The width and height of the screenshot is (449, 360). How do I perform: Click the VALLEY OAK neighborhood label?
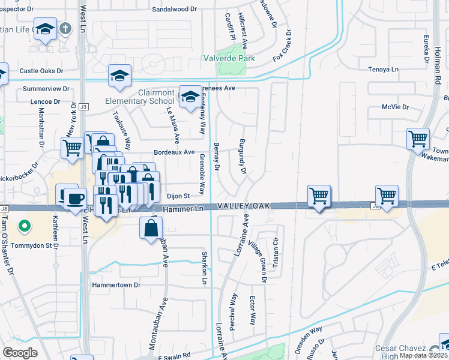click(x=243, y=206)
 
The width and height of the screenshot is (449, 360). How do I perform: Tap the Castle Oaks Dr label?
click(x=41, y=71)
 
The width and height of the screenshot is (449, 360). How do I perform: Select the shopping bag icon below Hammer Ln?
click(x=151, y=227)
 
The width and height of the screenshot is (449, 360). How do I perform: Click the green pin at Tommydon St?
click(x=24, y=226)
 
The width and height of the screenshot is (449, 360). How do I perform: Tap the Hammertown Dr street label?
click(x=116, y=284)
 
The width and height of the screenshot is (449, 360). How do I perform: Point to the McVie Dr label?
click(x=395, y=107)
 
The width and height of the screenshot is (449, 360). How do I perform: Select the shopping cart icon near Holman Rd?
click(x=418, y=139)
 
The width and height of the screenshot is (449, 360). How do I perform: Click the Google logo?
click(x=20, y=352)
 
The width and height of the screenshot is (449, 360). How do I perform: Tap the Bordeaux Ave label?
click(x=175, y=152)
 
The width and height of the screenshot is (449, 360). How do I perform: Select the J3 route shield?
click(x=83, y=107)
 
